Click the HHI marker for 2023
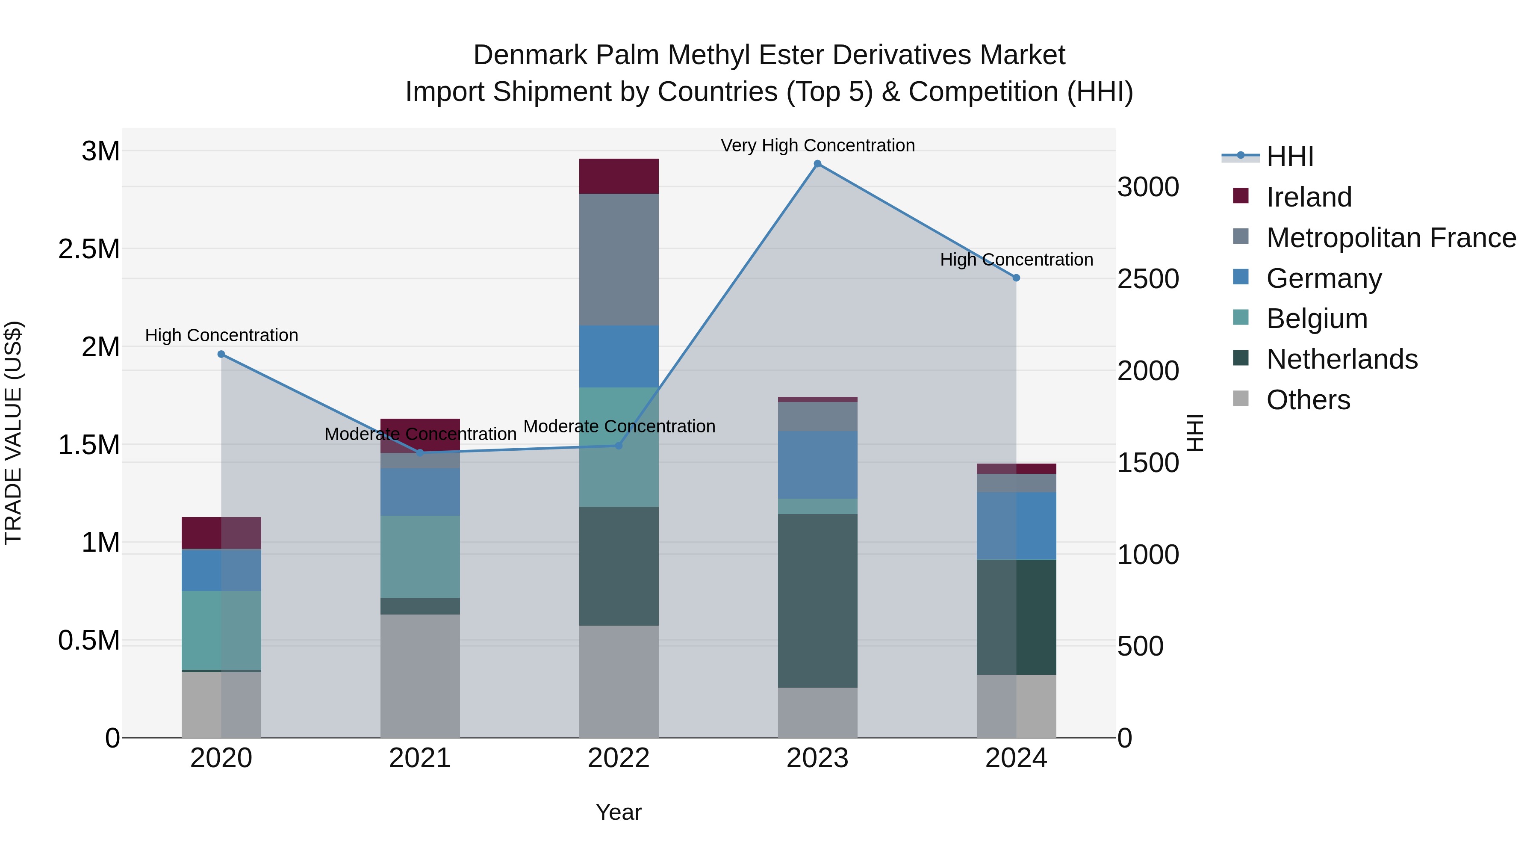(x=817, y=164)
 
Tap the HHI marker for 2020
(x=221, y=355)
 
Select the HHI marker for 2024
(x=1016, y=278)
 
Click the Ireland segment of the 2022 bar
(x=619, y=176)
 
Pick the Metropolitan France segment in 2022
(x=619, y=260)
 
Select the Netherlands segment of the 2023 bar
(x=817, y=601)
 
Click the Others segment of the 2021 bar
(x=420, y=675)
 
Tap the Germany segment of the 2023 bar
(x=817, y=465)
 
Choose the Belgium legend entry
(x=1316, y=319)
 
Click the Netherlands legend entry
(x=1341, y=359)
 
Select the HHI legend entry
(x=1289, y=157)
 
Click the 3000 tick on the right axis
(x=1148, y=187)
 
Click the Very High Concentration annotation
(x=817, y=145)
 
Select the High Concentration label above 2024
(x=1016, y=260)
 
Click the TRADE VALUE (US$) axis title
(x=14, y=433)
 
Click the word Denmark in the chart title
(x=530, y=55)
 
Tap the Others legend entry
(x=1308, y=400)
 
